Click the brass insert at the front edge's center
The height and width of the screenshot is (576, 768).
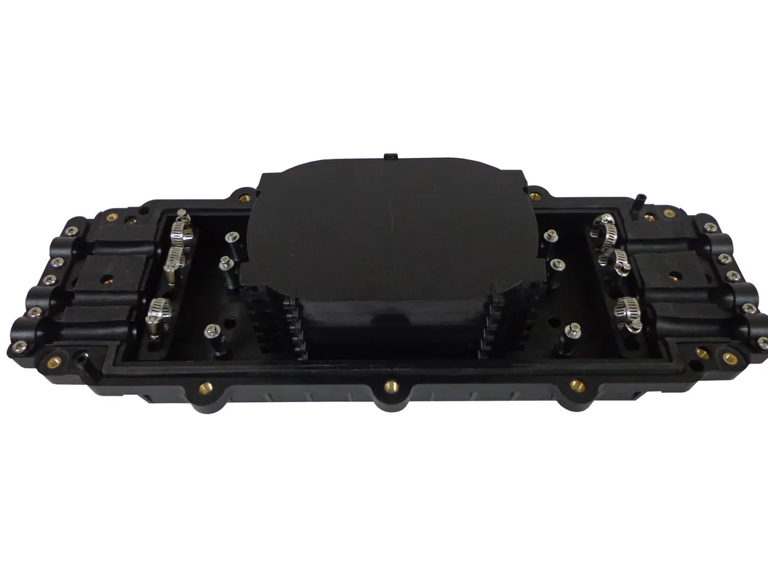click(391, 385)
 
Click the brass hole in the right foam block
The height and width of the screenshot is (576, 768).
click(675, 276)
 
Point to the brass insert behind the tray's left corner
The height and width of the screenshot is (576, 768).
click(244, 197)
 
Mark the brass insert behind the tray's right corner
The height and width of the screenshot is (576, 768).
click(535, 197)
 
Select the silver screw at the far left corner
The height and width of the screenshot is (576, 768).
click(20, 346)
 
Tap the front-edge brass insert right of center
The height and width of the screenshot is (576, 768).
click(577, 385)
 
